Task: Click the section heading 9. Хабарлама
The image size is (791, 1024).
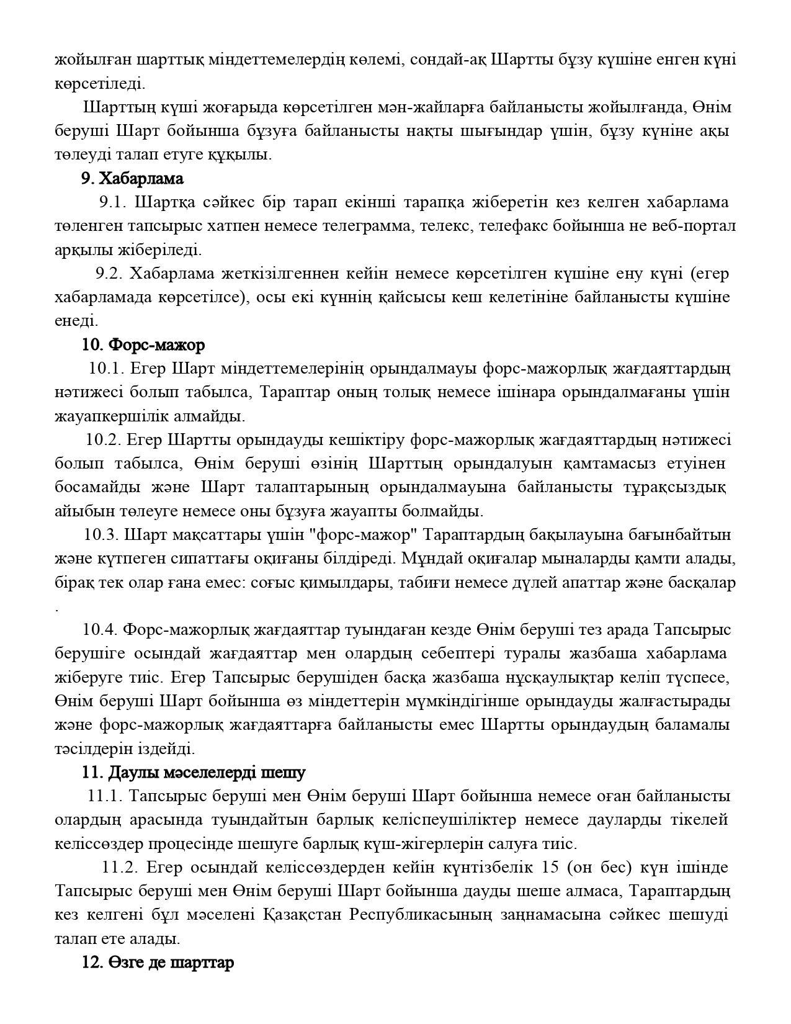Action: pos(132,179)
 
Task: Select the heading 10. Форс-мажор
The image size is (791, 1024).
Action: pos(143,344)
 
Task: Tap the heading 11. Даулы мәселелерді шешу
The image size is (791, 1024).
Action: pos(194,773)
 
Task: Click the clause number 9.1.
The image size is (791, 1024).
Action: pos(113,202)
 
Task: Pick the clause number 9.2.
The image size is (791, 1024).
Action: pos(109,274)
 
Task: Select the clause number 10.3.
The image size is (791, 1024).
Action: pos(101,535)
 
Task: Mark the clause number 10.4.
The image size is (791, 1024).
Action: pos(100,630)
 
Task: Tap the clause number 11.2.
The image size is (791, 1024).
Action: pos(118,868)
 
